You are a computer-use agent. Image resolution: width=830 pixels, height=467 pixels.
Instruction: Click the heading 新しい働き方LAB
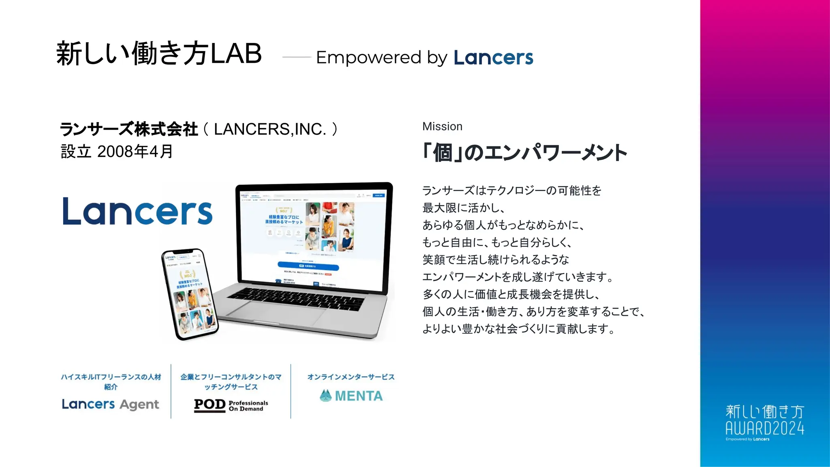(x=159, y=54)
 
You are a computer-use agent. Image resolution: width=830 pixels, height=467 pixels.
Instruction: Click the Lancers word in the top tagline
(x=493, y=58)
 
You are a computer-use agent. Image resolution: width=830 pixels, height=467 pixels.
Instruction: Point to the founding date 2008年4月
(x=135, y=152)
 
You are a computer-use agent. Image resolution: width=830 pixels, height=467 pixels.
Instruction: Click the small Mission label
(x=442, y=126)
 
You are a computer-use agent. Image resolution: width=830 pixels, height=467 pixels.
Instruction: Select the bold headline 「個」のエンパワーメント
(x=524, y=153)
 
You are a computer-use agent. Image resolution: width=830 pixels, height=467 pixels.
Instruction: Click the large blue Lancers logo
(x=137, y=211)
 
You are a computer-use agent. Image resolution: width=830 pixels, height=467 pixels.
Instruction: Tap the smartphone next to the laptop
(x=190, y=293)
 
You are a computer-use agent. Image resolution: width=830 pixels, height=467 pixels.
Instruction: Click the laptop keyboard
(x=296, y=298)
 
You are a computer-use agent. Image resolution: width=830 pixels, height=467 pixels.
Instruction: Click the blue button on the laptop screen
(x=308, y=266)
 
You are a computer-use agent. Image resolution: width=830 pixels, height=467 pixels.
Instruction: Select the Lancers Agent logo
(x=110, y=404)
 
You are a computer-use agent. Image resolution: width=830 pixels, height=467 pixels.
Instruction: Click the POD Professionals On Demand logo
(x=231, y=405)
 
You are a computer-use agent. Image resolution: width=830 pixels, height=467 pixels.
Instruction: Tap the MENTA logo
(x=351, y=396)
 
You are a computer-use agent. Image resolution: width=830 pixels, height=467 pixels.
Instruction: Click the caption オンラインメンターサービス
(x=351, y=377)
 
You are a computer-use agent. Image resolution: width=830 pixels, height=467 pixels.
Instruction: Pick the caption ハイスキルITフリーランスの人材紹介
(x=111, y=381)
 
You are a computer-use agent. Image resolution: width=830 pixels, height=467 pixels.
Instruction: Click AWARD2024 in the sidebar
(x=765, y=428)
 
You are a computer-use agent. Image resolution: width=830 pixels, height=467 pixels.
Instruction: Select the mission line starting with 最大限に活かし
(x=463, y=208)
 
